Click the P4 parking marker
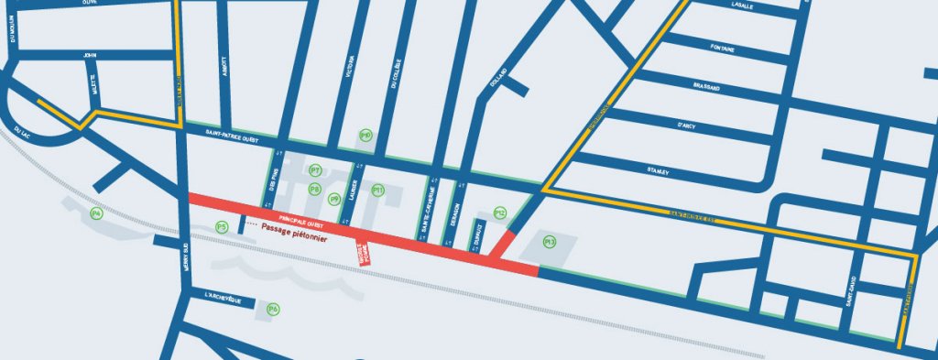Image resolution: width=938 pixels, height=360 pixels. pos(96,213)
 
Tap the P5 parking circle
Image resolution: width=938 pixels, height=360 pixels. pos(221,226)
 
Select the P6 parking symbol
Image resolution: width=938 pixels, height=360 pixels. pos(273,310)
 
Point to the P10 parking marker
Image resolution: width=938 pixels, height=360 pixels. pos(365,136)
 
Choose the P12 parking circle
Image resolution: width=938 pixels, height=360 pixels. pos(500,213)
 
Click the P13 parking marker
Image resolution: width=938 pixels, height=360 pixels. pos(550,242)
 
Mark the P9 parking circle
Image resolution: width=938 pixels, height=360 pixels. pos(334,199)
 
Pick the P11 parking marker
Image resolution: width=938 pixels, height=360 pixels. pos(377,191)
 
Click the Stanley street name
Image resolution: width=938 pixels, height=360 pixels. pos(658,171)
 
